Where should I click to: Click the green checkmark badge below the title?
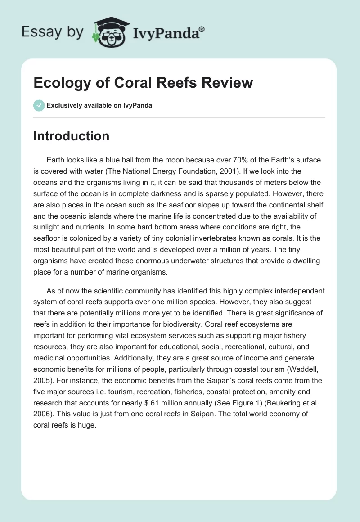39,106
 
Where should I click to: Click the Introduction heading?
71,136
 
